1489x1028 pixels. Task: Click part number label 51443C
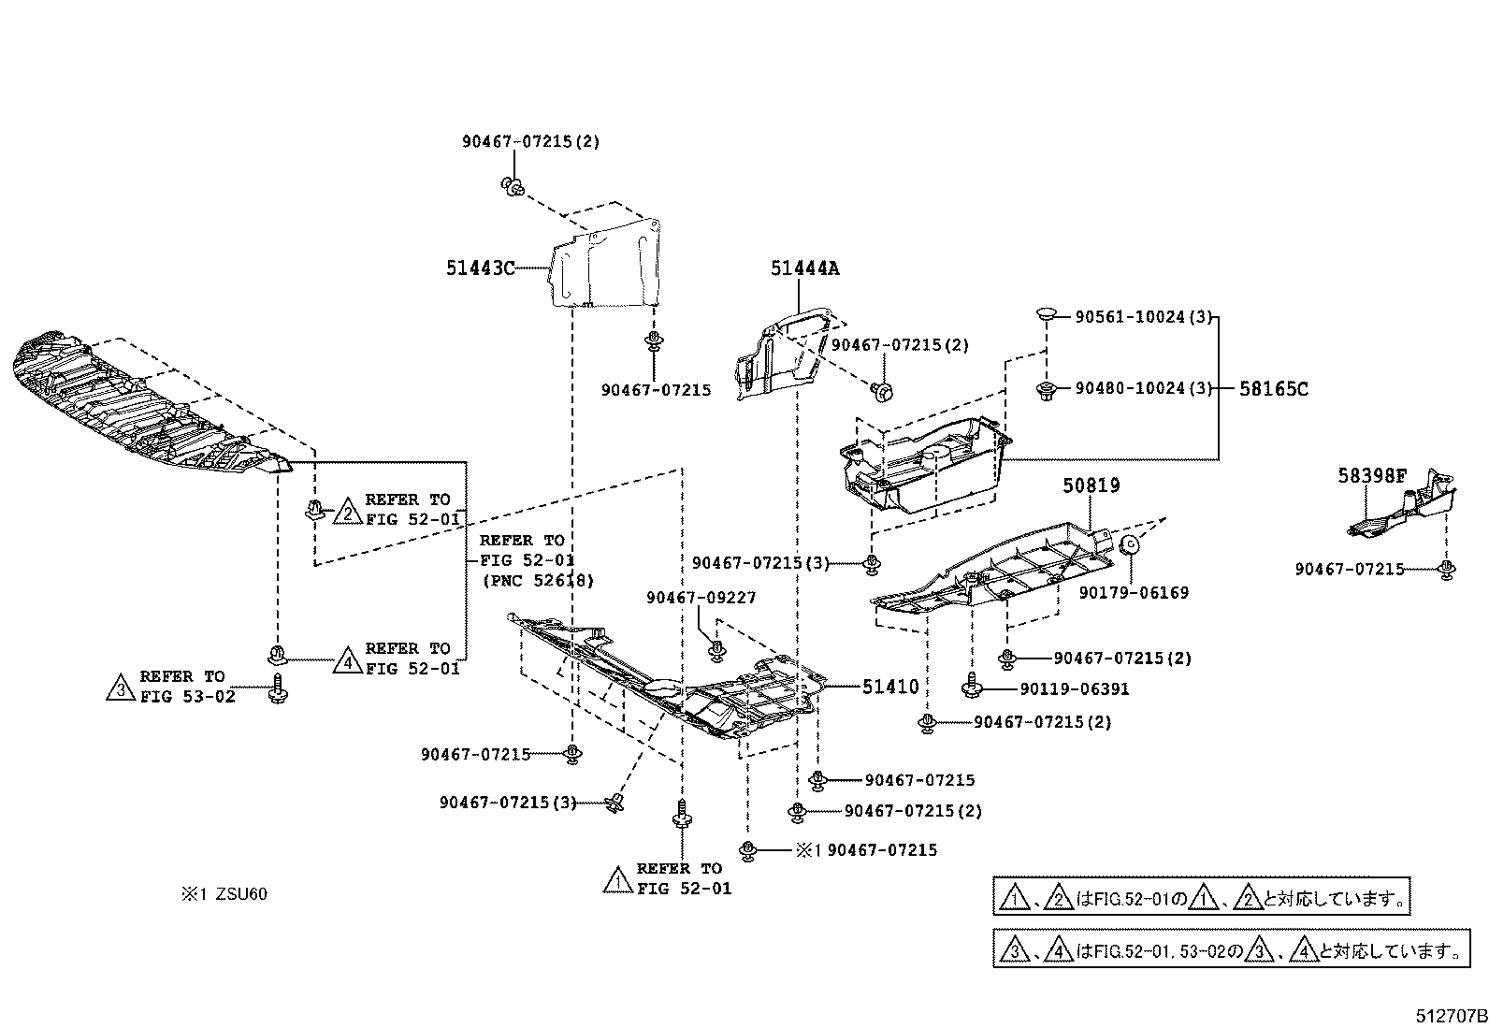click(480, 268)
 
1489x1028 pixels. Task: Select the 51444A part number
click(804, 268)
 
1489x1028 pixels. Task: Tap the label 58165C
click(1274, 388)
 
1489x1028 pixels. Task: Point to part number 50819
click(1091, 485)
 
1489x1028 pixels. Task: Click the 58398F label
click(1371, 476)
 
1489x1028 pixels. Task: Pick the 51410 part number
click(890, 687)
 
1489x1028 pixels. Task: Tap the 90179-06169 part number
click(1133, 592)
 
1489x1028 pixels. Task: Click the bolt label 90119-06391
click(1074, 689)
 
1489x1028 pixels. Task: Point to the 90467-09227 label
click(700, 598)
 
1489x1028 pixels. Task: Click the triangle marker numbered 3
click(121, 688)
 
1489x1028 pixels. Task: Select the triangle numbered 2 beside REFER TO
click(347, 512)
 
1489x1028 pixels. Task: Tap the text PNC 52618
click(538, 581)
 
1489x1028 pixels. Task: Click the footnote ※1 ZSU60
click(224, 894)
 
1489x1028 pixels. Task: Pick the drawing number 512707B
click(1449, 1016)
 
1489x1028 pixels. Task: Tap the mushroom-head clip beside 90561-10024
click(1046, 313)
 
